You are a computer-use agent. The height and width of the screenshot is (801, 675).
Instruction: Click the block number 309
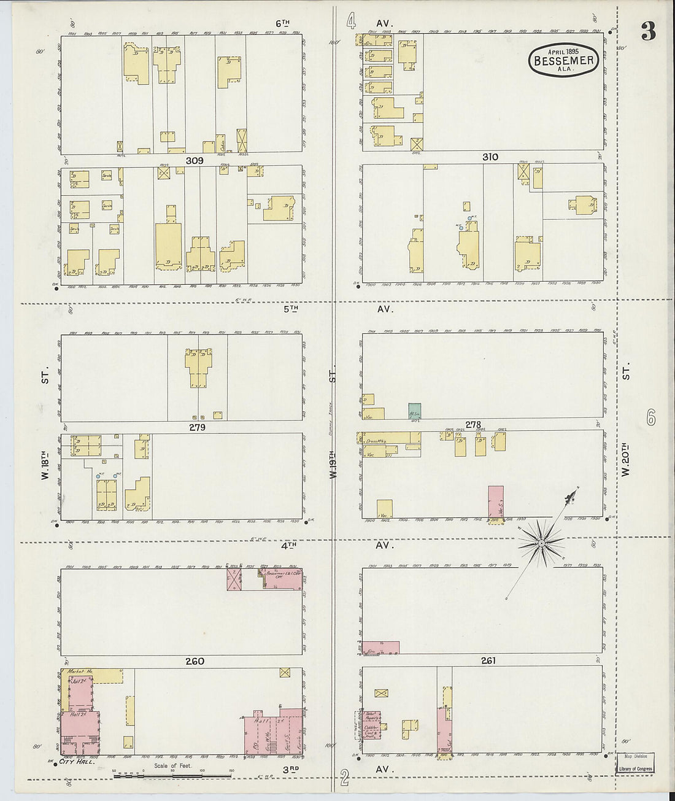click(195, 161)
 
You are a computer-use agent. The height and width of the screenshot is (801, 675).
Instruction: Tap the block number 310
click(490, 157)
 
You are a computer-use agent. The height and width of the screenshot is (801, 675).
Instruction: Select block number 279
click(196, 427)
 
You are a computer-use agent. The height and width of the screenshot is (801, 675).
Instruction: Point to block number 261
click(488, 661)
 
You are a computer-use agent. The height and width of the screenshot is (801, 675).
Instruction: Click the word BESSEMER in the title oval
click(564, 61)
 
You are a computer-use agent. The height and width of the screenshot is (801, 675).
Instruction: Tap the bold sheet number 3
click(648, 31)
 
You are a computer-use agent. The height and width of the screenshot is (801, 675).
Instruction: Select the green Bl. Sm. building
click(415, 411)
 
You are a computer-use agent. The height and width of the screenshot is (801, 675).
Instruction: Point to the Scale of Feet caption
click(173, 765)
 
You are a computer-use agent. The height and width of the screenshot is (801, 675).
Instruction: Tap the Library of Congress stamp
click(635, 768)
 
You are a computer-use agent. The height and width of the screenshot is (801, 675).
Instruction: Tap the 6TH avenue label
click(282, 23)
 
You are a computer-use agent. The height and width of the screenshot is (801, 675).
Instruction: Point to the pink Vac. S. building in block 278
click(496, 501)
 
